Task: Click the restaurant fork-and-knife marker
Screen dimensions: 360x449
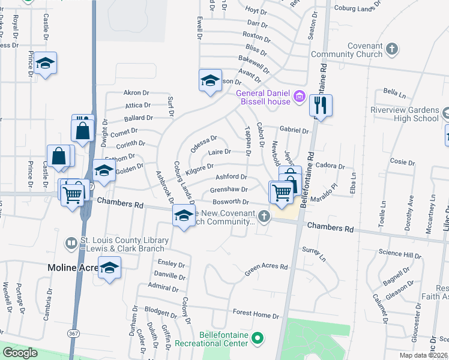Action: [x=321, y=106]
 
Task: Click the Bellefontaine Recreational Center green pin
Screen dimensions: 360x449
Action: [x=258, y=338]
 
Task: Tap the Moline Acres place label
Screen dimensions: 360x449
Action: [x=72, y=267]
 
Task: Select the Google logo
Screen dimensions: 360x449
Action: [x=20, y=353]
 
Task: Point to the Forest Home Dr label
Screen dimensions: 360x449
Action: [x=256, y=314]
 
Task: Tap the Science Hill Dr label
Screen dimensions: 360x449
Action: [x=404, y=256]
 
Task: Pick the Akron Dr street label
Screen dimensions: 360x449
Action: [x=136, y=93]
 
